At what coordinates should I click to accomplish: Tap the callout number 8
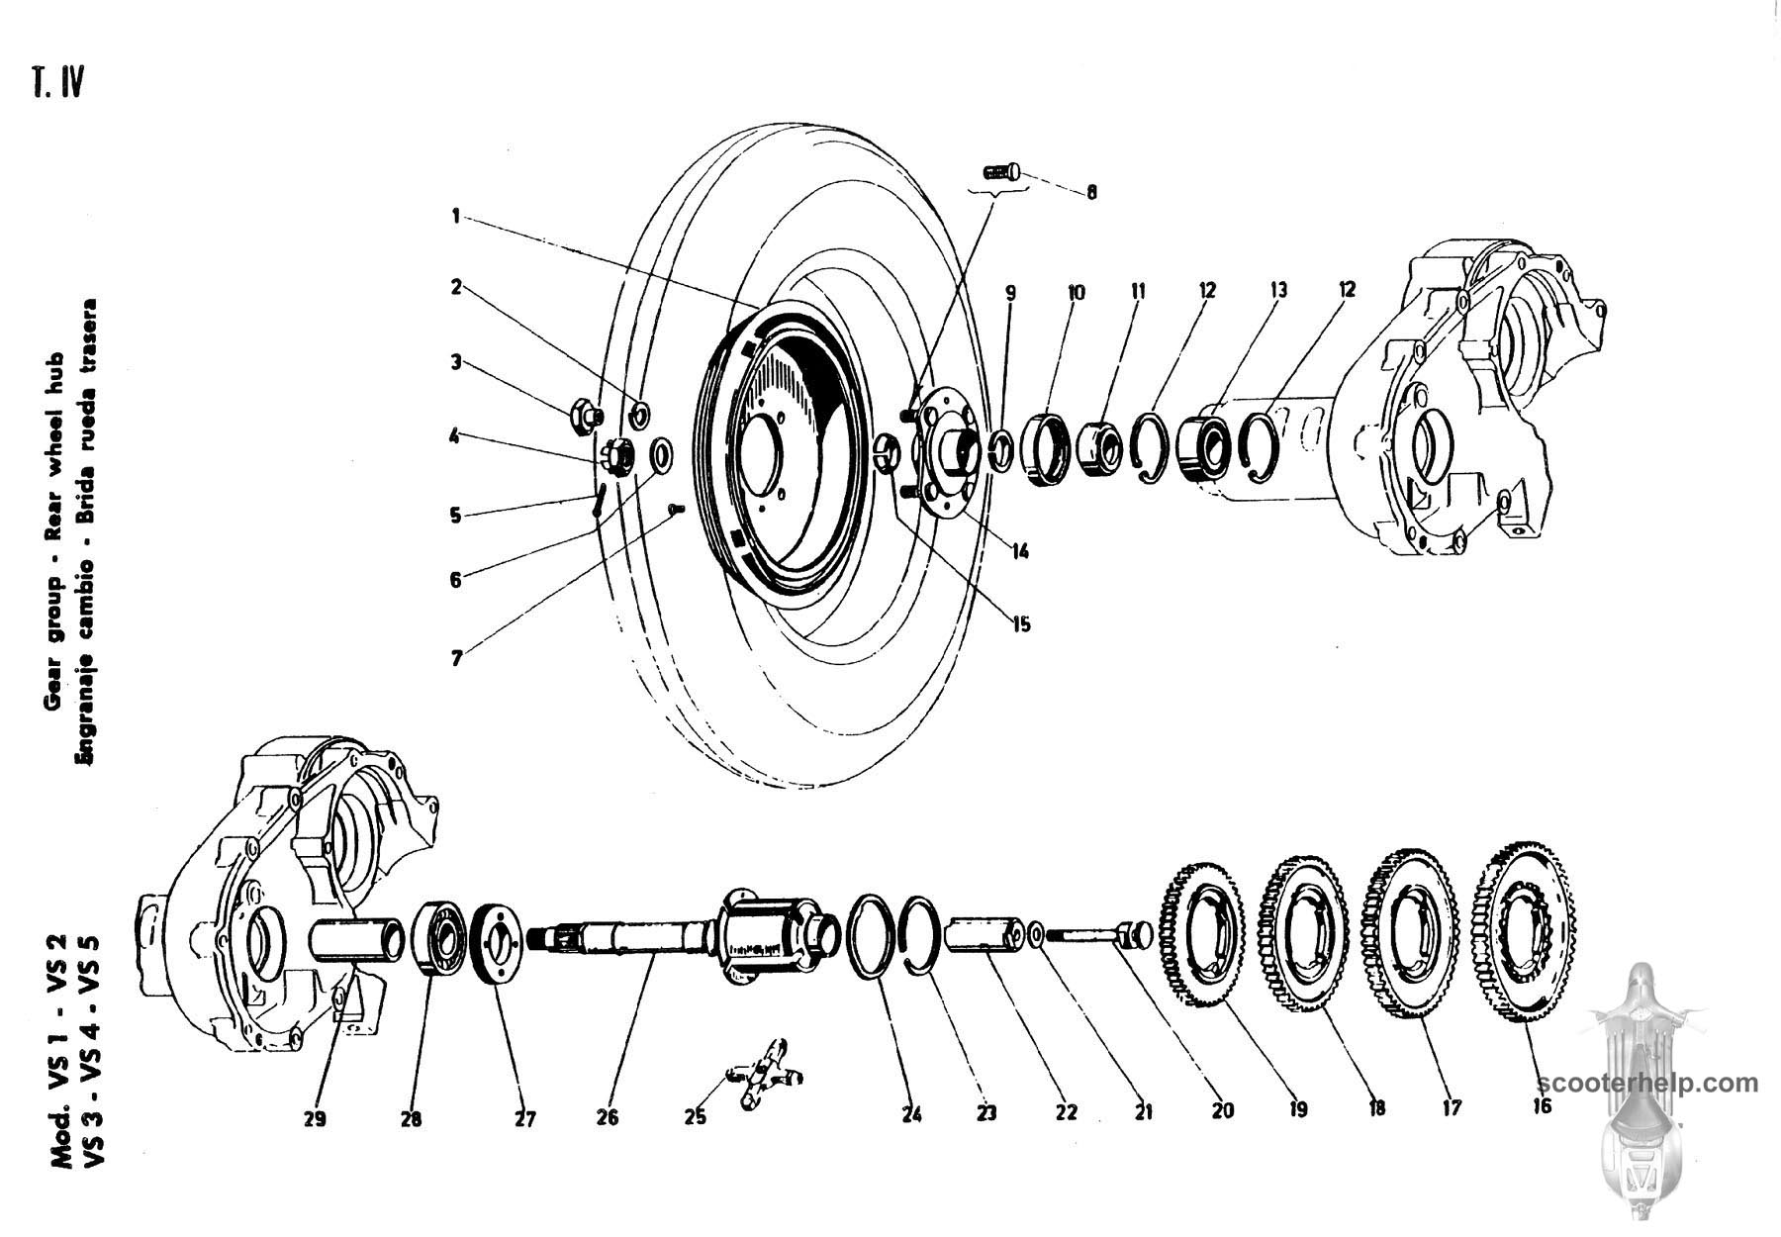point(1091,193)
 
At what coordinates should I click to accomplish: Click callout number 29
point(315,1118)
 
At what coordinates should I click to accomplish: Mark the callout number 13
point(1278,290)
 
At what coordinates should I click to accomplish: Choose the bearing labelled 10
point(1047,450)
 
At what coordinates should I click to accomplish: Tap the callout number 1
point(456,216)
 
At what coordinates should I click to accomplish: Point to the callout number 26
point(608,1117)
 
